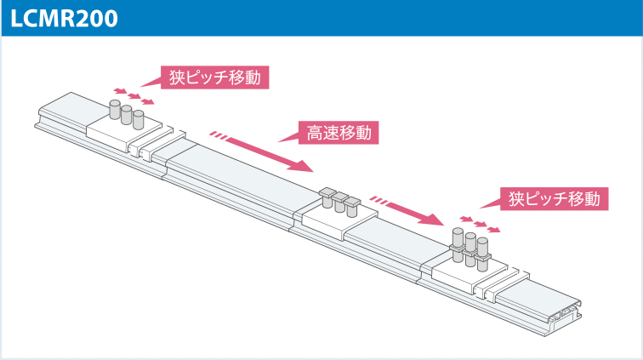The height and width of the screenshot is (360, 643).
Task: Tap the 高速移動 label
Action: tap(339, 133)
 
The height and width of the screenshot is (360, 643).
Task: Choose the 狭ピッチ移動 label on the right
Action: tap(554, 199)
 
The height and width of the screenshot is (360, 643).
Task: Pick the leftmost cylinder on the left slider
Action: tap(115, 111)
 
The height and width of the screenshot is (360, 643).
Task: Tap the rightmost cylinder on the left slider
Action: tap(139, 119)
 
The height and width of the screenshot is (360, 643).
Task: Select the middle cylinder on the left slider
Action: tap(127, 115)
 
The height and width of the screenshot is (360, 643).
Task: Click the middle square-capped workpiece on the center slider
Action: tap(339, 202)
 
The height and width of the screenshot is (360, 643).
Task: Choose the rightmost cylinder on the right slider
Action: tap(482, 249)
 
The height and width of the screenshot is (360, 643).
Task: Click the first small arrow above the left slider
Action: tap(120, 89)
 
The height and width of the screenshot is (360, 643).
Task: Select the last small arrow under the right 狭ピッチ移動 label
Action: tap(493, 230)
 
